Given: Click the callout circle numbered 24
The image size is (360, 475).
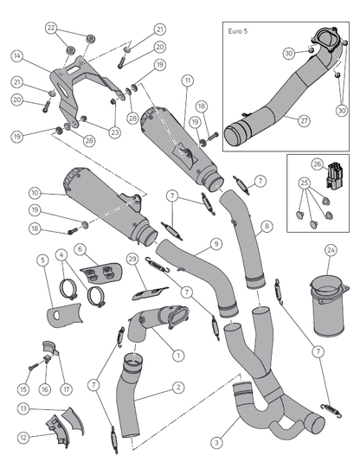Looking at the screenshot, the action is pos(331,251).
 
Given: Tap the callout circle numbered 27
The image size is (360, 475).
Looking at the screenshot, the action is pos(304,121).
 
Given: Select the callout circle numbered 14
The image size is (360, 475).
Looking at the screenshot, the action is pos(17,56).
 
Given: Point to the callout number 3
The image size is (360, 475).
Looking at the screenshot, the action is pos(216,443).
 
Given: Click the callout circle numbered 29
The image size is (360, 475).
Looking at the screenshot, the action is pos(132,260).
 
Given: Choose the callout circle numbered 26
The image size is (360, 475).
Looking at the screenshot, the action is pos(318,164).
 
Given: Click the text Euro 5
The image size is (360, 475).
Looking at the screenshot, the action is pos(238,31).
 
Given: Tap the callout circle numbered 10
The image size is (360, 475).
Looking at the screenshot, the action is pos(35,193).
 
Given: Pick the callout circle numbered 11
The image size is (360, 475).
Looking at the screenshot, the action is pos(188,80).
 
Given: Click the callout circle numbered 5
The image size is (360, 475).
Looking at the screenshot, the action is pos(43,260).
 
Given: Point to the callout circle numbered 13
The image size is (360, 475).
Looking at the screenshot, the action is pos(23,408).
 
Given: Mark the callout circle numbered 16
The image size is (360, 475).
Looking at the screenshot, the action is pos(45,389).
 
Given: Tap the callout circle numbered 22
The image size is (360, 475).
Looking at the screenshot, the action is pos(51,29).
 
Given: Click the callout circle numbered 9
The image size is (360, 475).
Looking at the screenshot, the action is pos(216,244).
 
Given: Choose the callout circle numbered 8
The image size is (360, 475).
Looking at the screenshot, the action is pos(267,227).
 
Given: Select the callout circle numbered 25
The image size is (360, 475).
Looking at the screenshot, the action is pos(305,183).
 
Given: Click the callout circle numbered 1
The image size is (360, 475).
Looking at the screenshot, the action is pos(178,355).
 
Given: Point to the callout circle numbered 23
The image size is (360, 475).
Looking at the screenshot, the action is pos(114,132).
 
